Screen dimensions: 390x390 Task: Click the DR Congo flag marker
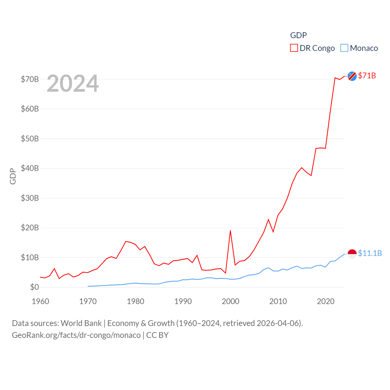(352, 76)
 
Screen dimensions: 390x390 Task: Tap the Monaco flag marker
(352, 253)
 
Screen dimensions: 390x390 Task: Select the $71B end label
(367, 76)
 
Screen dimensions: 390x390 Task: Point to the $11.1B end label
(370, 253)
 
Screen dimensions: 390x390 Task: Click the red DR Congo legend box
(294, 48)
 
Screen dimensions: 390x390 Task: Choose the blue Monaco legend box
(344, 48)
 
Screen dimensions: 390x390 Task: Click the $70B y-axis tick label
(30, 79)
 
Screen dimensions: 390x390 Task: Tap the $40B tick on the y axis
(30, 168)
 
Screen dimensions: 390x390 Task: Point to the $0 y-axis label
(34, 287)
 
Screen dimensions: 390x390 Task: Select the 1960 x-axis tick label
(41, 301)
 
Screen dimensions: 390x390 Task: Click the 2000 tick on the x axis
(231, 301)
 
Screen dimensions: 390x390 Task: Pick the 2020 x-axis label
(326, 301)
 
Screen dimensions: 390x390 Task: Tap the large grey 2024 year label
(73, 83)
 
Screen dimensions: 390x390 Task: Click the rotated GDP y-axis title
(13, 176)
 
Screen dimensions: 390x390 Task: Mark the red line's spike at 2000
(230, 231)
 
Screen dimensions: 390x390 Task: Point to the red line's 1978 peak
(126, 241)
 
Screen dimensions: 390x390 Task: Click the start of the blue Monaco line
(88, 286)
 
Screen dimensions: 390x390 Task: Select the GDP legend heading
(298, 35)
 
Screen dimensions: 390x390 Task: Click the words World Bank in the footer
(81, 323)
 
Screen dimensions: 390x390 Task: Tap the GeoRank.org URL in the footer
(76, 335)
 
